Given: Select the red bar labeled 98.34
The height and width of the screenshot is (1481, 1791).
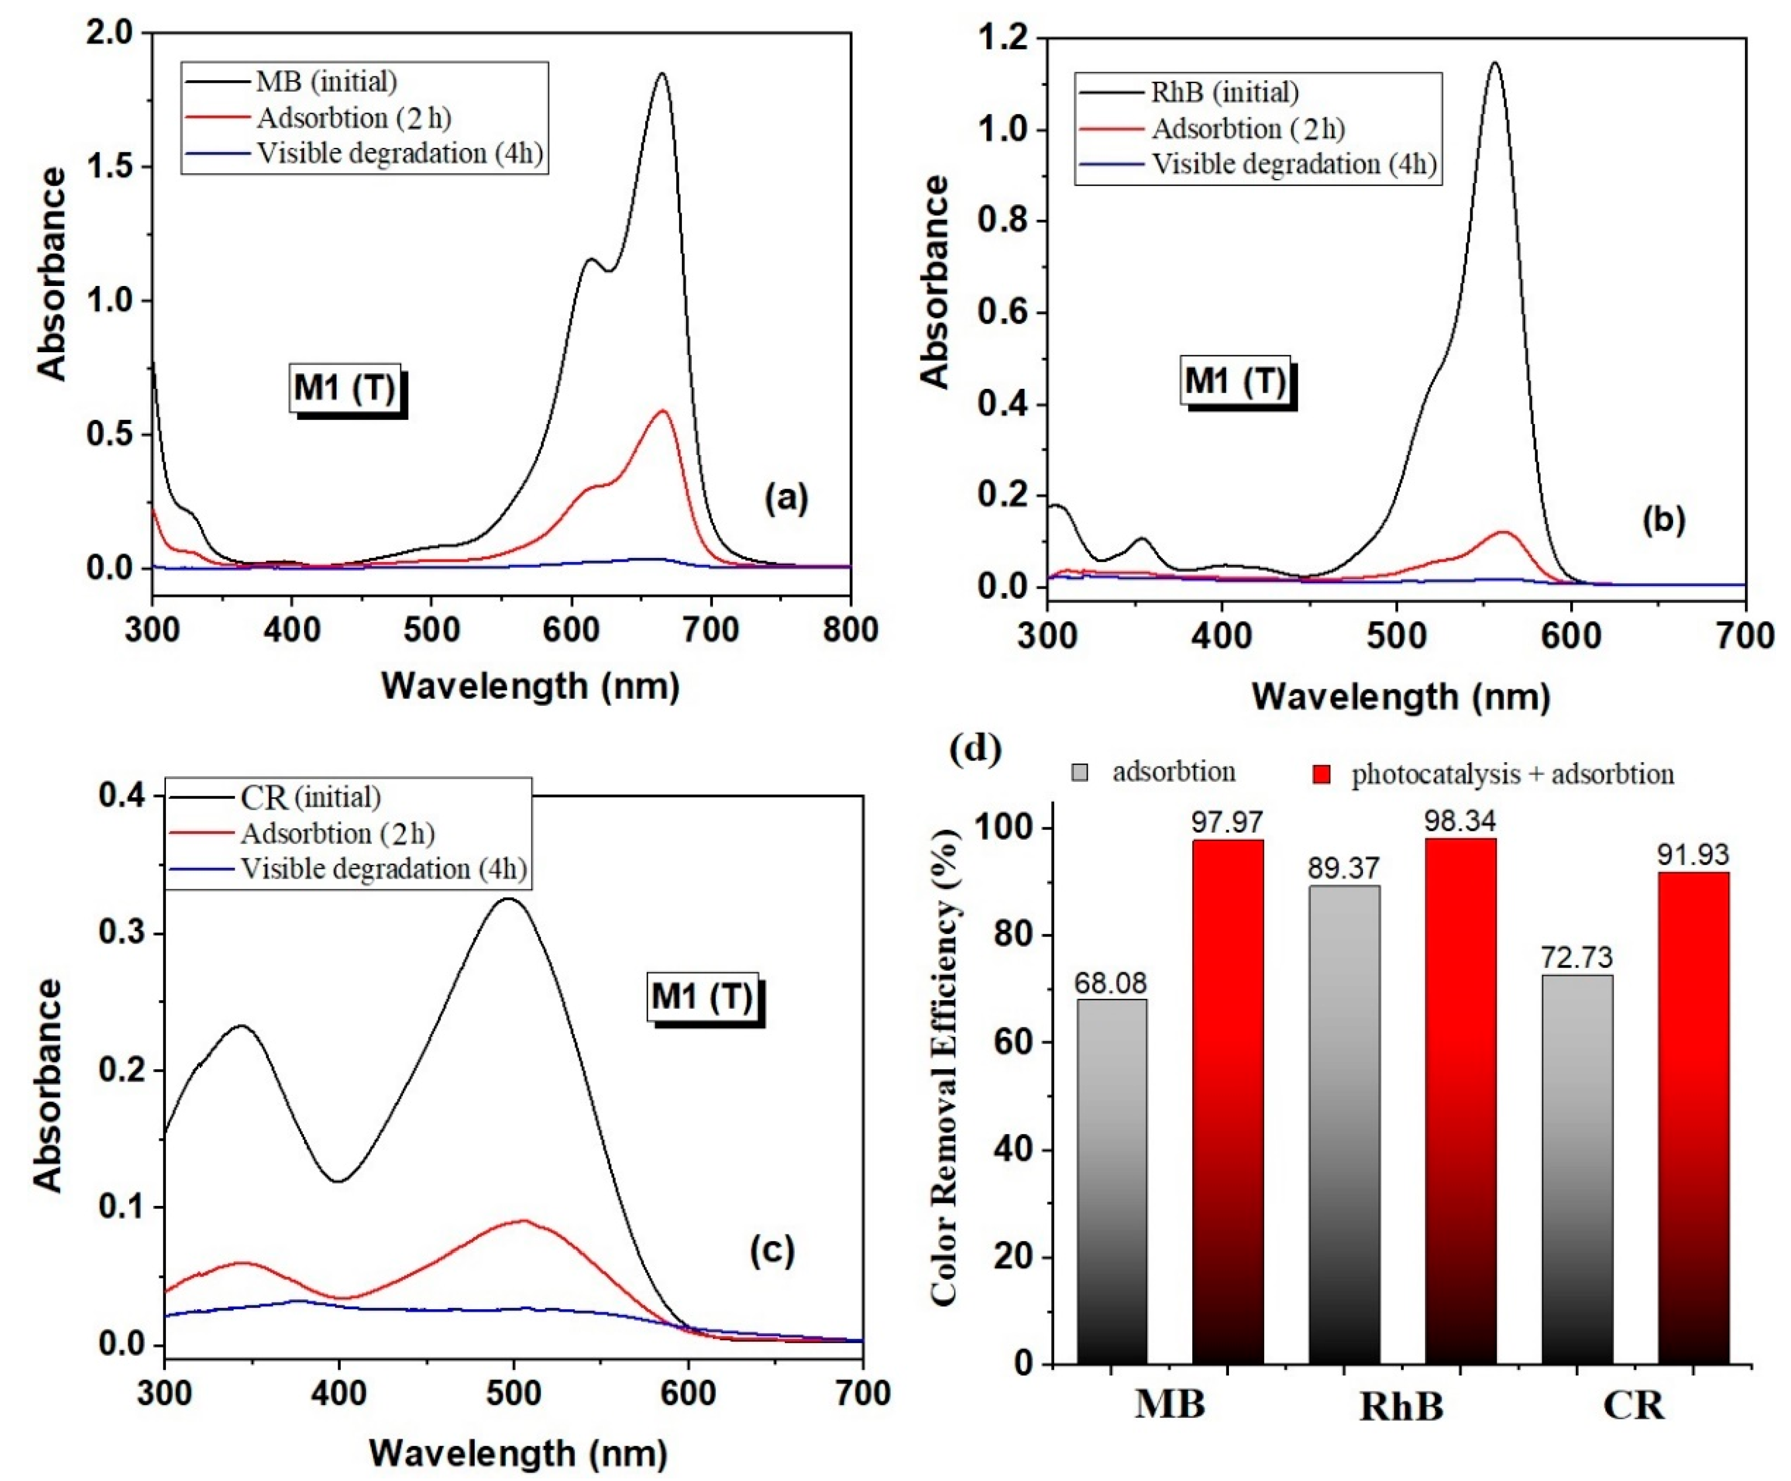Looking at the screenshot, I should point(1460,1100).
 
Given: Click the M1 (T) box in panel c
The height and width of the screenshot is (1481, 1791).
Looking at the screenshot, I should point(703,996).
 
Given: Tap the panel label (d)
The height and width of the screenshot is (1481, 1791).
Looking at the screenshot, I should point(974,748).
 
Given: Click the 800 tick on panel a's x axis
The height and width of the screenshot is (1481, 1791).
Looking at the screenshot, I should point(851,630).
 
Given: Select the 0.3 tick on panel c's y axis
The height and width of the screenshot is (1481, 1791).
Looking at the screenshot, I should point(122,932).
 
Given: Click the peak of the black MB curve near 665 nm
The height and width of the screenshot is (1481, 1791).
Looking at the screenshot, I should point(661,74).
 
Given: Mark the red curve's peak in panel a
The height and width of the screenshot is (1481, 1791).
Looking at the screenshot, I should point(662,411).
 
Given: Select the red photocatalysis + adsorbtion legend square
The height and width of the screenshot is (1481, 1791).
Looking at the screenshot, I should point(1321,774).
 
